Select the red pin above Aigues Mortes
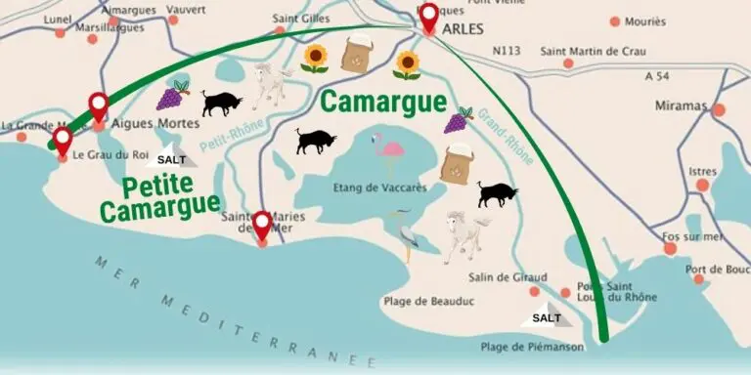(x=98, y=105)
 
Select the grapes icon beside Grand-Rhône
(x=458, y=120)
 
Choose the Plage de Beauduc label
(x=429, y=302)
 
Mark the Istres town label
(x=702, y=171)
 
